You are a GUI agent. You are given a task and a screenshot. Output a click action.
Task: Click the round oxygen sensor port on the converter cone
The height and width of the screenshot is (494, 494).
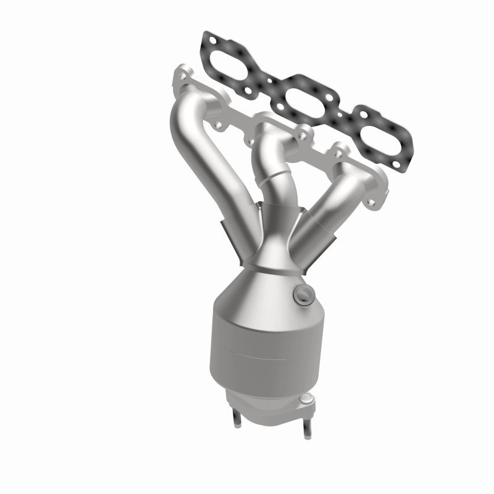[301, 293]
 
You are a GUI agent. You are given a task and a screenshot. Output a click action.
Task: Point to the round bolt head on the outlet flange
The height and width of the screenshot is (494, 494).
[305, 403]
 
